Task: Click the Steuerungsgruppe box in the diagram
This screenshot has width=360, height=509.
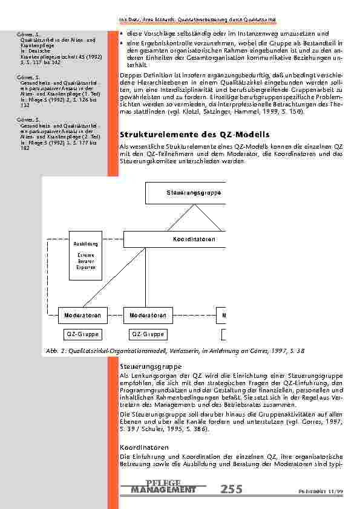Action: pyautogui.click(x=185, y=193)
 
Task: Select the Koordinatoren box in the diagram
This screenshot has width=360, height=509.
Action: pyautogui.click(x=194, y=239)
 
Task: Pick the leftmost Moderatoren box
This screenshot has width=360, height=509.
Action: pyautogui.click(x=83, y=315)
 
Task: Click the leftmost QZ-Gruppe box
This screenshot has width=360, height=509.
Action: pyautogui.click(x=82, y=334)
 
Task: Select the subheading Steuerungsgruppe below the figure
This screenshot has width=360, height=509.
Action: pyautogui.click(x=144, y=366)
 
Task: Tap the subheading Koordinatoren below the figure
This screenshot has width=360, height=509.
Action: pyautogui.click(x=141, y=447)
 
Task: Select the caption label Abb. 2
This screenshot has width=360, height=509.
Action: pyautogui.click(x=55, y=351)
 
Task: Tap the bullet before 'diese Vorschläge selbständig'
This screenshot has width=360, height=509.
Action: pyautogui.click(x=122, y=33)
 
